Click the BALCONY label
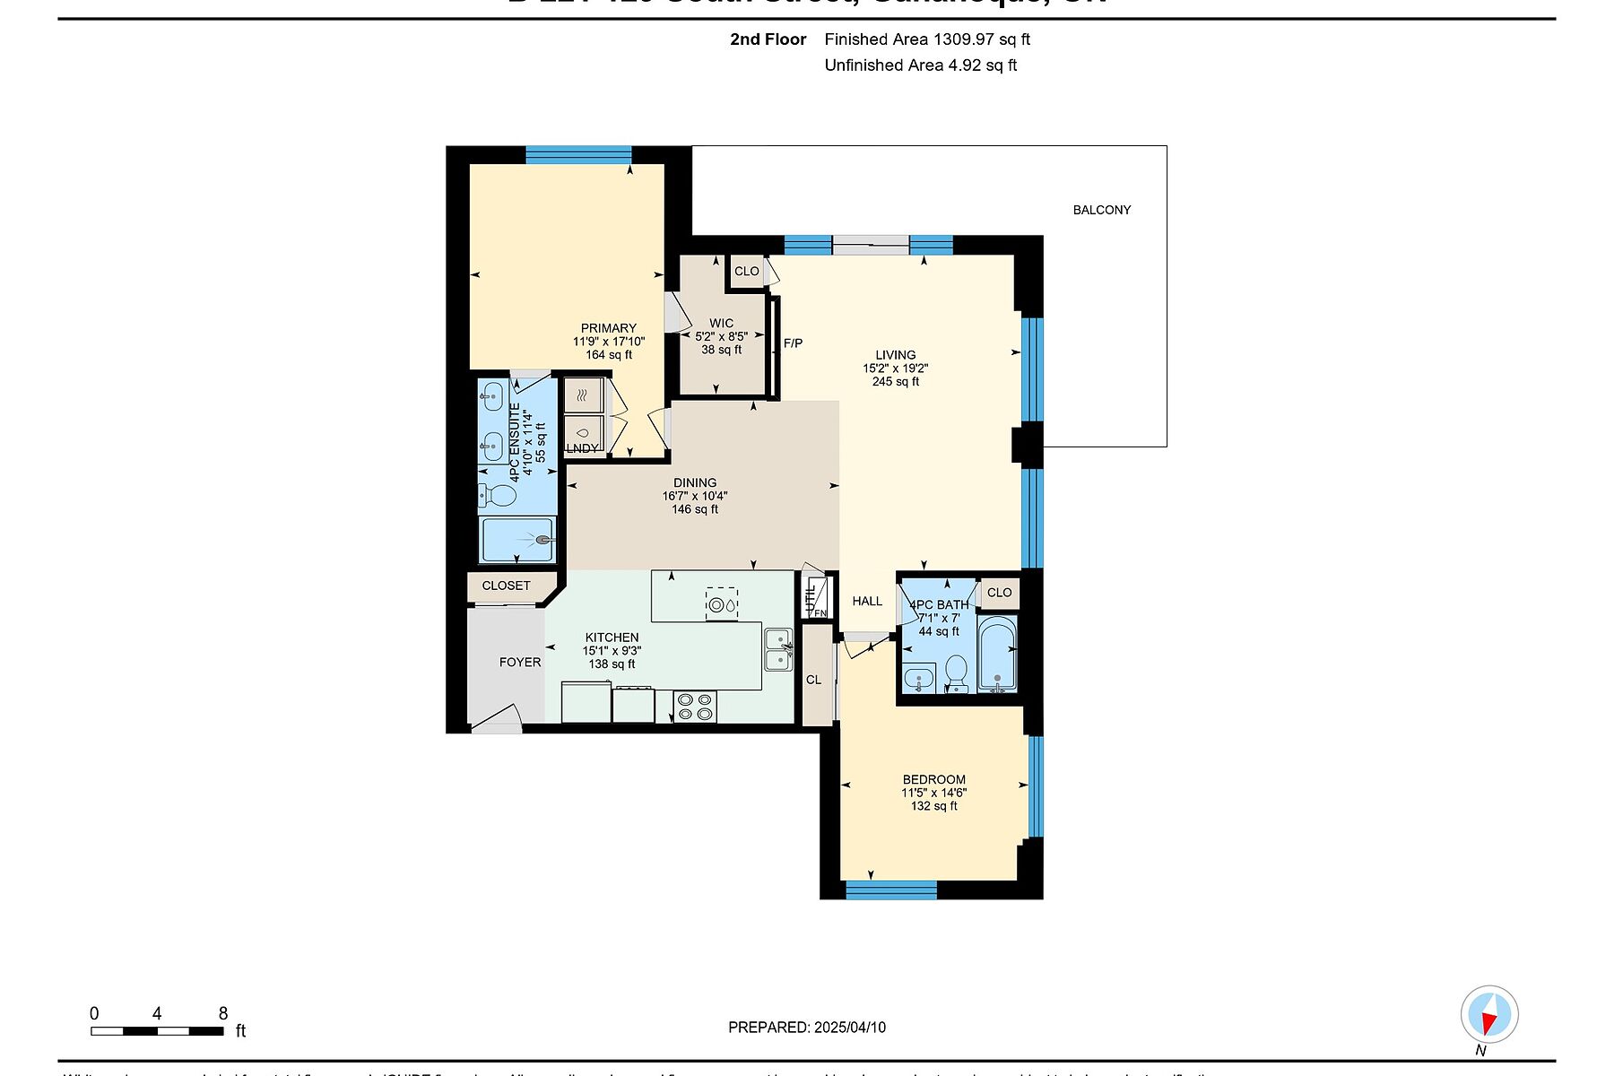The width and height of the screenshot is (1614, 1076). click(1101, 210)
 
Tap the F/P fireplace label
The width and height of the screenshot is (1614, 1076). click(793, 343)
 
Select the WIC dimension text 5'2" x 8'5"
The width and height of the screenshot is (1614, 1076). click(721, 337)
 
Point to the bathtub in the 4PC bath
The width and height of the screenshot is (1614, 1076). click(996, 655)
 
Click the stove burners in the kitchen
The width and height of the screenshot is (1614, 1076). click(695, 707)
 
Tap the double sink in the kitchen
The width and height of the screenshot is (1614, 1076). click(777, 649)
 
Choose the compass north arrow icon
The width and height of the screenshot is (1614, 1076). click(1488, 1016)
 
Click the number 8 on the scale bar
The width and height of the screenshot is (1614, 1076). click(223, 1014)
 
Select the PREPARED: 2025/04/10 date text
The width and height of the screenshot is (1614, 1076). click(806, 1028)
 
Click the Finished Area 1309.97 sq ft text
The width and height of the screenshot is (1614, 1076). click(926, 39)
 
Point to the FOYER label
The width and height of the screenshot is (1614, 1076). click(520, 663)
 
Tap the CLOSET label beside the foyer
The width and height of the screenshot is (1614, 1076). click(506, 586)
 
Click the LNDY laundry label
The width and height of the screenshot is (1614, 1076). click(582, 448)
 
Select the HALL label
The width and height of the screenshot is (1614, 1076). click(867, 602)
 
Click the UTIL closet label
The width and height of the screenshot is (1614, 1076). click(811, 596)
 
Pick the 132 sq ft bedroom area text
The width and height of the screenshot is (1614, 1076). click(933, 806)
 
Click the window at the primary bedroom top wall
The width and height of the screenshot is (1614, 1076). click(578, 154)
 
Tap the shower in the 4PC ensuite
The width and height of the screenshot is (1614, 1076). click(518, 540)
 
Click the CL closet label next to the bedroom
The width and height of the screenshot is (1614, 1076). click(813, 680)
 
